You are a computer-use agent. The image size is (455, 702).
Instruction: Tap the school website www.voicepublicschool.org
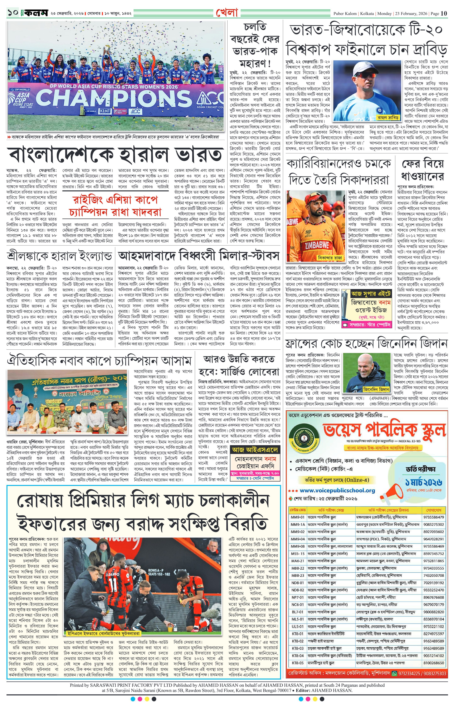[337, 490]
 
